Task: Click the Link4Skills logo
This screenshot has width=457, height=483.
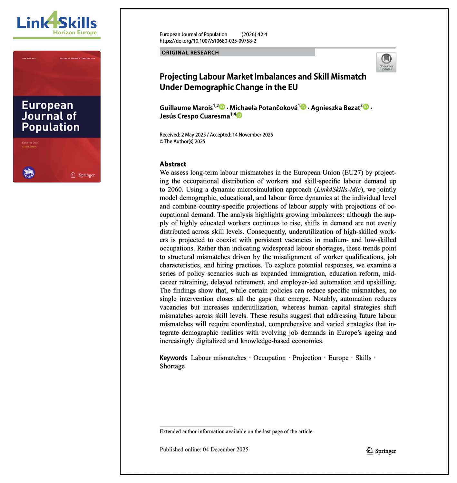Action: click(x=57, y=23)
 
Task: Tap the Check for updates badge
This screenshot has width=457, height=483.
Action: click(x=386, y=62)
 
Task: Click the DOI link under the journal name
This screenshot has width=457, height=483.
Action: click(x=208, y=41)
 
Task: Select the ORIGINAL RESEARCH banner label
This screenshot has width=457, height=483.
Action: click(x=190, y=53)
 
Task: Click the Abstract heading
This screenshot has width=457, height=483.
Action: click(x=173, y=164)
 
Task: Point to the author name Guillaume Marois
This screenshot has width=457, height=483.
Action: click(x=186, y=108)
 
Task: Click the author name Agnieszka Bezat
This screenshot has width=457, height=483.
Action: click(x=335, y=108)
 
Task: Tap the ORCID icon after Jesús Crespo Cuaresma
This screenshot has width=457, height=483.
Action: click(x=239, y=115)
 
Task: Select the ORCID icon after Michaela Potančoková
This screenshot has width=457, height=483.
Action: click(x=303, y=107)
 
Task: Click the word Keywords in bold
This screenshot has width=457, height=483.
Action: click(x=173, y=358)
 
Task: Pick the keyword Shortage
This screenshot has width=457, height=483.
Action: click(x=172, y=366)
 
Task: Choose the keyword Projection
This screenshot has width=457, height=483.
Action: click(x=307, y=358)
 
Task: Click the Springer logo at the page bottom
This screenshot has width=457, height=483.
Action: click(x=381, y=451)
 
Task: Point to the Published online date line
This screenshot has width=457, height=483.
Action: click(x=204, y=449)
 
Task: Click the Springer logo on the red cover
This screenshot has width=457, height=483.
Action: click(x=83, y=175)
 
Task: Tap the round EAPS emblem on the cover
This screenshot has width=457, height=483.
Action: click(x=29, y=173)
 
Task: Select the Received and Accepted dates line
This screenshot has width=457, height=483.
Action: click(x=216, y=135)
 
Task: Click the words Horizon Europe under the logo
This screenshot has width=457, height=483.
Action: click(x=75, y=32)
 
